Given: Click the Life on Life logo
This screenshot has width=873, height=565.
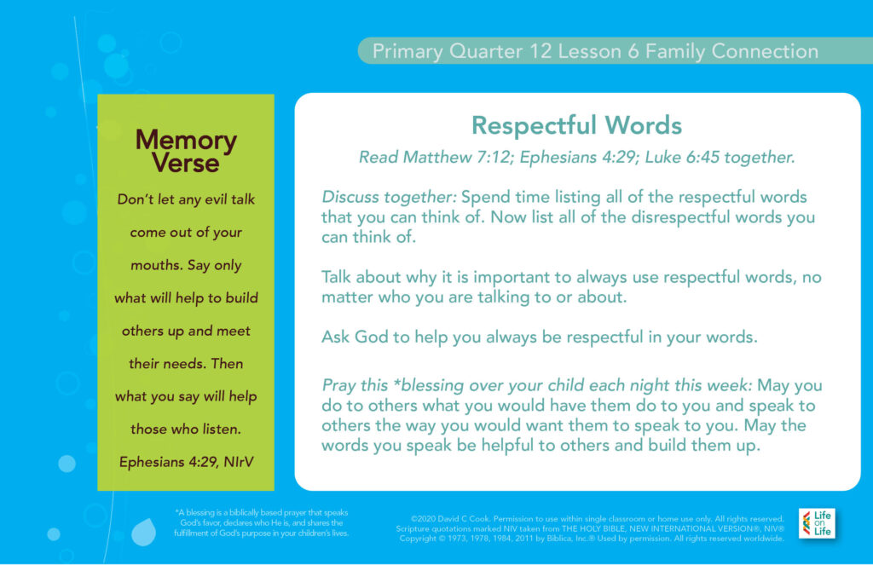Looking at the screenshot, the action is [817, 523].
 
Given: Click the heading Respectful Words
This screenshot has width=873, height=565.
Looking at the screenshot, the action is [577, 125].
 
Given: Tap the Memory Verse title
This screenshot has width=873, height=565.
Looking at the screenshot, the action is [186, 151].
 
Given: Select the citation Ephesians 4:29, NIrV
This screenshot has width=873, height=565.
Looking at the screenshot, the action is [186, 462].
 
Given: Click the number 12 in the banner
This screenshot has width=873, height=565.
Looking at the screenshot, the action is [541, 51].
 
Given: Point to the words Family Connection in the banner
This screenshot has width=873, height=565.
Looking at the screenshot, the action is [732, 51].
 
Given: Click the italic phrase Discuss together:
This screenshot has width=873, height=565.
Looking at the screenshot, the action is [389, 197].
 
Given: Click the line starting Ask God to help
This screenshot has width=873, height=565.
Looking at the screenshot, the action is [540, 337].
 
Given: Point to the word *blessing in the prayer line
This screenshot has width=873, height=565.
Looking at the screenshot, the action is [429, 385].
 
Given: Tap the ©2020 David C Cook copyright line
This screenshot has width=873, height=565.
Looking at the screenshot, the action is [598, 519].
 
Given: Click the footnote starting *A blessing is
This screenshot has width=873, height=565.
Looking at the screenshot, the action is [261, 522].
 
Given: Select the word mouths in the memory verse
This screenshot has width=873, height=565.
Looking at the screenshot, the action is [157, 265].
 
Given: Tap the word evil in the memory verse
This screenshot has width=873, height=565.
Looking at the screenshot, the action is [216, 199].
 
